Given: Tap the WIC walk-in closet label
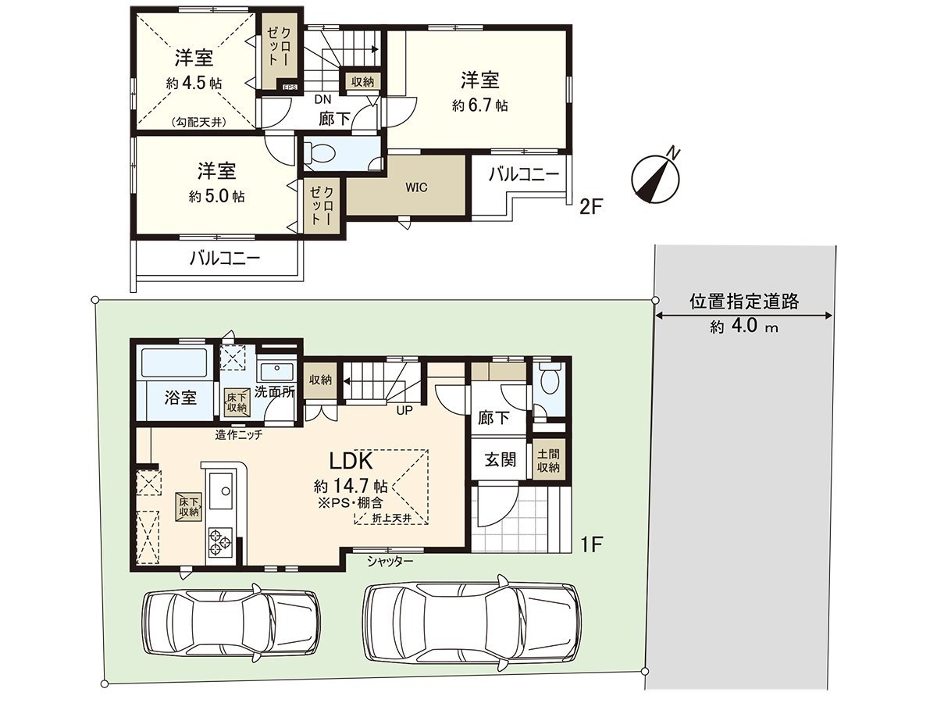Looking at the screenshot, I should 415,187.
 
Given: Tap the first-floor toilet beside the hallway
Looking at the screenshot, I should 550,382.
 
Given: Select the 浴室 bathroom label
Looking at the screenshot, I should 180,398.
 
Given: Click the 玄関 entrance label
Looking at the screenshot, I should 501,459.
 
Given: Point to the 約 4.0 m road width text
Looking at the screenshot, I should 744,328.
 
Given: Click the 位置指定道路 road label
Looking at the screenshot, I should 744,301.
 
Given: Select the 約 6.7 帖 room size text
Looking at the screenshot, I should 480,105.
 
